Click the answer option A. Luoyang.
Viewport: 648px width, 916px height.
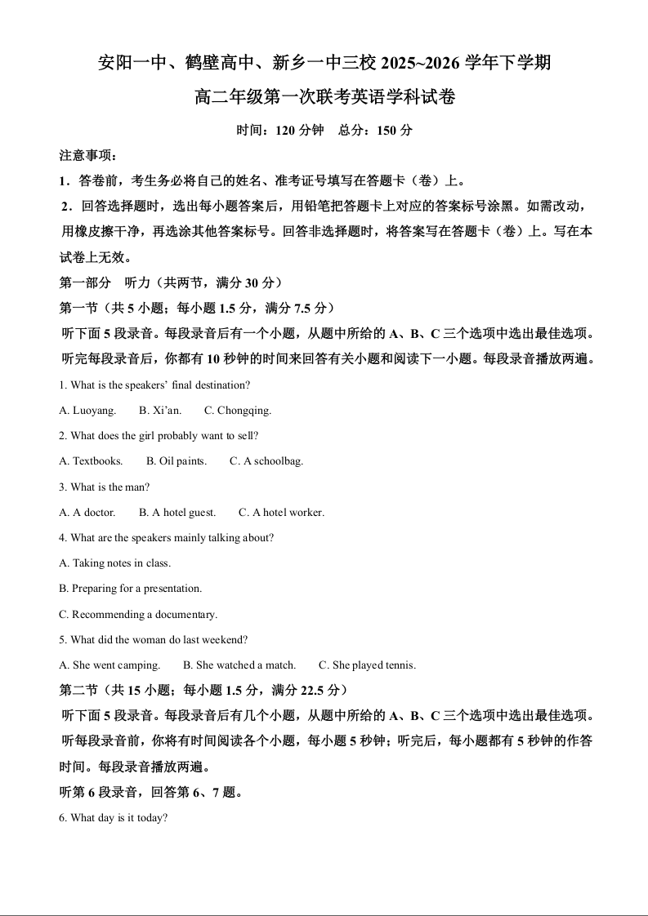point(87,410)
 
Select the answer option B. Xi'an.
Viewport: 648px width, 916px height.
point(160,410)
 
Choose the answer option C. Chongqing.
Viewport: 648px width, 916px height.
point(238,410)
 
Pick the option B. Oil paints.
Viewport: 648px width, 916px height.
point(177,461)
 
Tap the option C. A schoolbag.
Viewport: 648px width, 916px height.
point(266,461)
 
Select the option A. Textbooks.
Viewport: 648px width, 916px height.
point(91,461)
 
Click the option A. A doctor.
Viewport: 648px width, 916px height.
point(87,513)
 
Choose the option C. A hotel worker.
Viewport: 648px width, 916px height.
point(281,513)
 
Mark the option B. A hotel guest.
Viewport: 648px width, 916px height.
point(177,513)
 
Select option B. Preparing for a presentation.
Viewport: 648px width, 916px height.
point(131,589)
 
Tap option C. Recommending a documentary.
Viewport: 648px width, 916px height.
point(138,615)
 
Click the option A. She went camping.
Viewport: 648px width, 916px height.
point(109,665)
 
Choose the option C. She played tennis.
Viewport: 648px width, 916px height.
point(367,665)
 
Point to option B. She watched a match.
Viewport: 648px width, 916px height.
point(239,665)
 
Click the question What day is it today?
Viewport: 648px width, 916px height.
point(114,817)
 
